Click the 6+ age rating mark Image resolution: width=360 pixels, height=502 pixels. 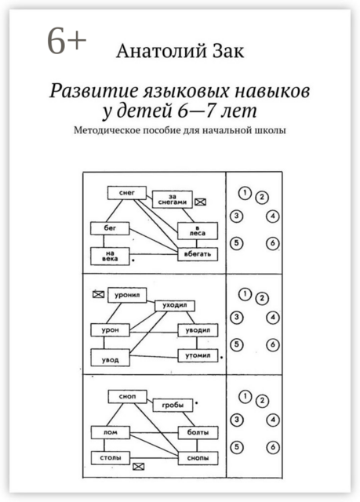66,43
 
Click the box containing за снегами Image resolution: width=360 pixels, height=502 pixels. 172,201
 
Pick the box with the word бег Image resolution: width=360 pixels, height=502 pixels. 106,227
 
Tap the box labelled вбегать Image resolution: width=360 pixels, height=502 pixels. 192,255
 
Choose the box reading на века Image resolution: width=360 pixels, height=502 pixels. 107,255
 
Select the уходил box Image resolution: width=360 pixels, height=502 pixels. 173,305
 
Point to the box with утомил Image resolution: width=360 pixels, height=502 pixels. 194,357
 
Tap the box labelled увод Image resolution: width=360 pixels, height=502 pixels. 107,358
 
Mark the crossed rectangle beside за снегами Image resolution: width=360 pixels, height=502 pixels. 202,202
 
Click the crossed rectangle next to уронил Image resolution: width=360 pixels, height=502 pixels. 99,294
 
